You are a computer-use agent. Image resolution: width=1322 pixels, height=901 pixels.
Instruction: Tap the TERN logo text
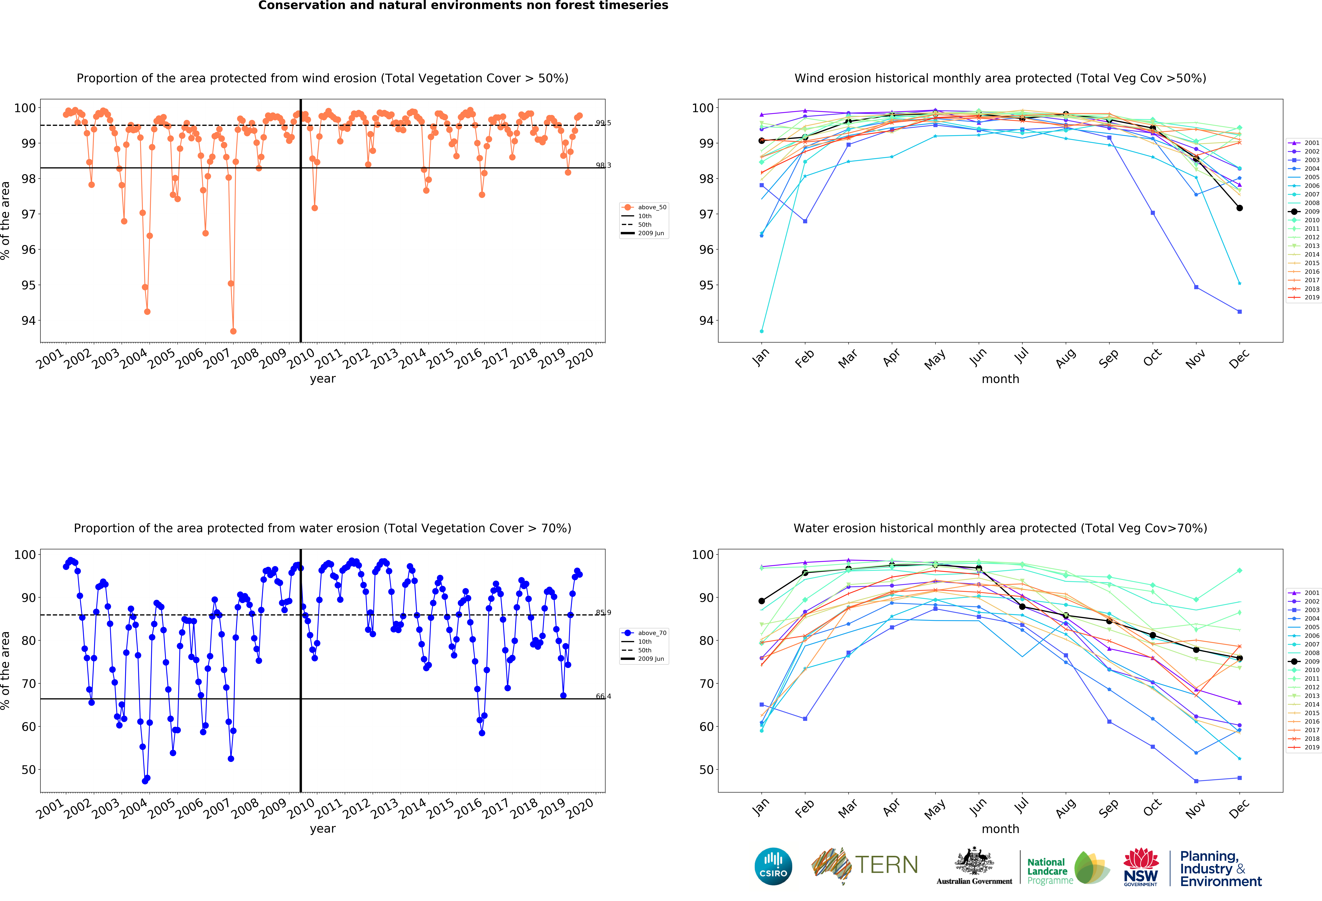tap(886, 865)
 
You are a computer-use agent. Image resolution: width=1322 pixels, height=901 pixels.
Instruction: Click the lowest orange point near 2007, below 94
tap(233, 331)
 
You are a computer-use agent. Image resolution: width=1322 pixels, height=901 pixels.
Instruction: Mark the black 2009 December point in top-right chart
tap(1239, 208)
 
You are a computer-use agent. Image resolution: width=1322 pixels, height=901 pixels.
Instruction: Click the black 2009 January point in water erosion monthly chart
tap(762, 601)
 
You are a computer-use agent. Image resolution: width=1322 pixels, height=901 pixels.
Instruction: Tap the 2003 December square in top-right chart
tap(1239, 312)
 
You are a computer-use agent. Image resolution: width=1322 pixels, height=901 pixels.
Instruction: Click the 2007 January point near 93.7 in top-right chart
tap(762, 331)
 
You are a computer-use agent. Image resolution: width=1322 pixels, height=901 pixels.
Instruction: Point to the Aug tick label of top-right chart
tap(1065, 358)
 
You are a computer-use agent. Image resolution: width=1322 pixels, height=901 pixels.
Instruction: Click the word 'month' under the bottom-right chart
tap(1000, 829)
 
